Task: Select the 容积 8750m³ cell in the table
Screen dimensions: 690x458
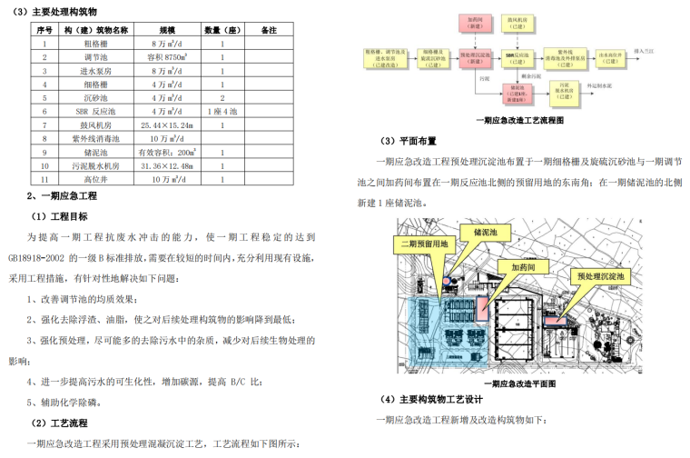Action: [x=170, y=56]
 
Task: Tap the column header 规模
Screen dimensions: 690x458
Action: [x=170, y=29]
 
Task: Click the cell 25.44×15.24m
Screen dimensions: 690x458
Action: [x=170, y=124]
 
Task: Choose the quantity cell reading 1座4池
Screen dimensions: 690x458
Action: [x=222, y=111]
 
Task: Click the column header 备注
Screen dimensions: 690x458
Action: [x=269, y=29]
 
